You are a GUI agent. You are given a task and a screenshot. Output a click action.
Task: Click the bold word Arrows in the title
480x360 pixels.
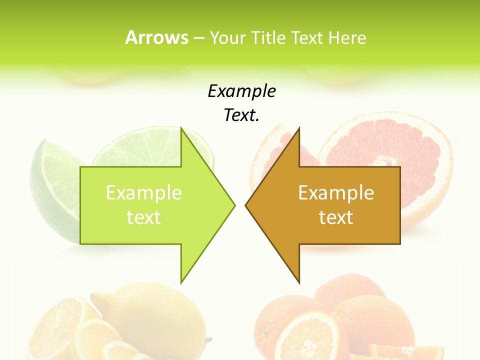156,37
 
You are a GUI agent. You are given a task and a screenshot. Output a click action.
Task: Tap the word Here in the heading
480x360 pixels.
347,37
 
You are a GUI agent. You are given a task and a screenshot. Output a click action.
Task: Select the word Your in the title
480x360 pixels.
228,37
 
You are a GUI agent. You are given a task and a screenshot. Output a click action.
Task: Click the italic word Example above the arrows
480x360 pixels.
241,91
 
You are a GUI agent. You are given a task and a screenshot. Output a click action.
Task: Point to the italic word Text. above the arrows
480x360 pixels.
241,115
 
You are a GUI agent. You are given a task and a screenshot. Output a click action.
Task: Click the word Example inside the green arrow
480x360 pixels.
143,192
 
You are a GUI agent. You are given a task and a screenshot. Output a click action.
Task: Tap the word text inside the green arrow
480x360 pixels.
143,217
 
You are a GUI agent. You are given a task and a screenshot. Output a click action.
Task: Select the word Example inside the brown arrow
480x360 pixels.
336,192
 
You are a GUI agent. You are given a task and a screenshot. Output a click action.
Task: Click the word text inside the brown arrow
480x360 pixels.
336,217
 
